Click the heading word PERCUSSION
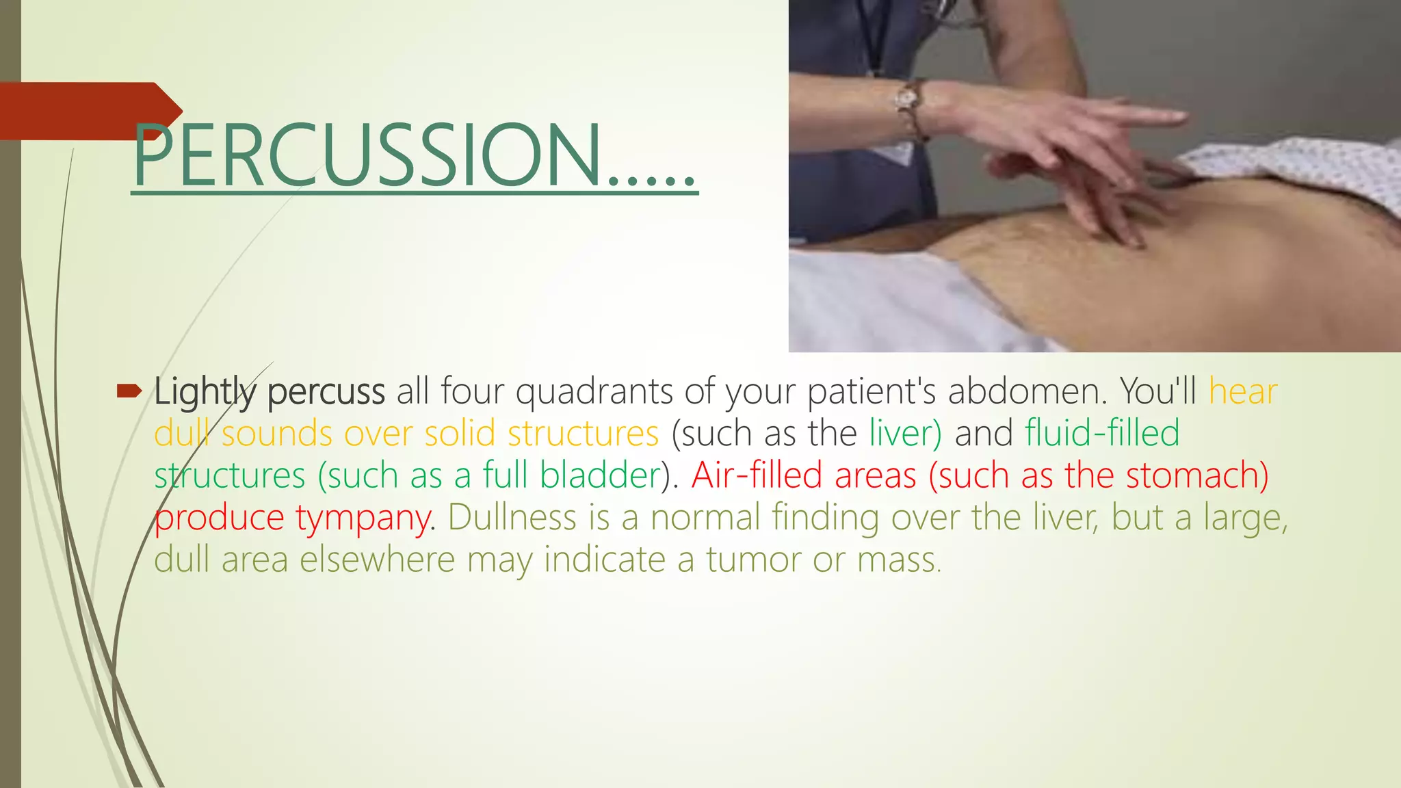pos(366,156)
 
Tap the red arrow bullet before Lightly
pos(129,391)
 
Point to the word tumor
pos(752,560)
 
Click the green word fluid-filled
pos(1101,433)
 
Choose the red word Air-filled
pos(757,475)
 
